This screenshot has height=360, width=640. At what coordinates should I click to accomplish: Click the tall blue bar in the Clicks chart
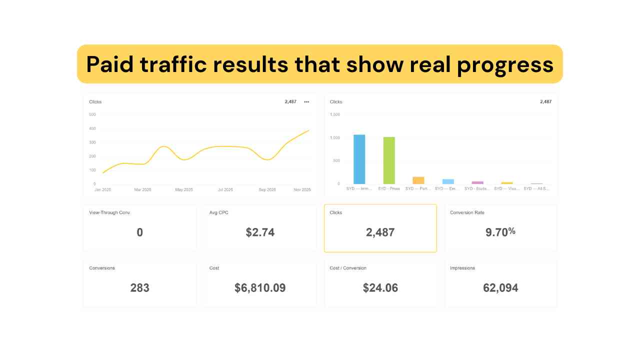click(x=359, y=159)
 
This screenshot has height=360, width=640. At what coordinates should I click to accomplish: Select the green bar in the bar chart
click(x=389, y=160)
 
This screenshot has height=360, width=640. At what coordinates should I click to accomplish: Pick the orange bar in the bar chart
click(x=418, y=180)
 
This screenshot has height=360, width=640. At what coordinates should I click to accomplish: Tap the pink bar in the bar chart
click(x=477, y=182)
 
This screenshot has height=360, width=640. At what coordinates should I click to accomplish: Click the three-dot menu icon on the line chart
click(x=306, y=102)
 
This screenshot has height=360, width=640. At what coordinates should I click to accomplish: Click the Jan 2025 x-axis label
click(x=102, y=190)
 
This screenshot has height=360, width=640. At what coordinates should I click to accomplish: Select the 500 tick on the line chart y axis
click(x=92, y=114)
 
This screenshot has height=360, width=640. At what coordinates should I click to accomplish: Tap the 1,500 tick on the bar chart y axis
click(x=334, y=114)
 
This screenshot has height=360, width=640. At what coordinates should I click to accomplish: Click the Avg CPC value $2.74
click(x=260, y=232)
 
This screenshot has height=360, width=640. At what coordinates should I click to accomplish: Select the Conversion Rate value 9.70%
click(x=500, y=232)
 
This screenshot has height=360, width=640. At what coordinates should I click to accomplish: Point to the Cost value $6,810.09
click(x=260, y=287)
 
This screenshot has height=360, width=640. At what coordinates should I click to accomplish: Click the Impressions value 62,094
click(x=500, y=287)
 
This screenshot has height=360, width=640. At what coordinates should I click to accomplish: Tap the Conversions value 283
click(x=139, y=287)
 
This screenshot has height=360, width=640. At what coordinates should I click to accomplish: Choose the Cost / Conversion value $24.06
click(x=380, y=287)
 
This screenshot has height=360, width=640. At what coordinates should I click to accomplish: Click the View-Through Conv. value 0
click(x=139, y=232)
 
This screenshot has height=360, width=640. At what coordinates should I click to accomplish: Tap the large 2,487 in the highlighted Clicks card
click(x=380, y=232)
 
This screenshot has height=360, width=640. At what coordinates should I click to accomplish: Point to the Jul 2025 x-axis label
click(x=225, y=190)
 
